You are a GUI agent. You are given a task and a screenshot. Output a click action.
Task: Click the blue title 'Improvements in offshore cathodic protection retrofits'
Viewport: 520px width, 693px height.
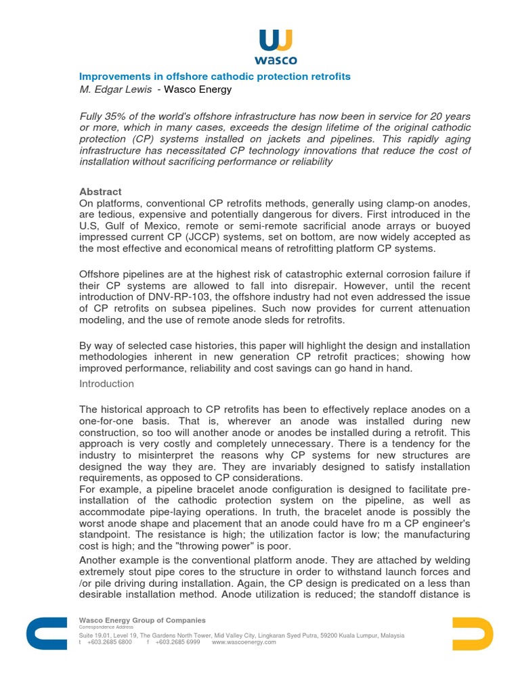point(215,76)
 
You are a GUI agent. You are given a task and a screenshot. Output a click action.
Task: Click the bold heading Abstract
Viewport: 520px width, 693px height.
point(100,192)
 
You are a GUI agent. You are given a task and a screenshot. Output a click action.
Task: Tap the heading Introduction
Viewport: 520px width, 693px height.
point(106,384)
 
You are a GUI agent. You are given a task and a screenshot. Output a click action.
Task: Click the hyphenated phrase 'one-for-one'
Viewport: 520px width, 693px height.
point(108,422)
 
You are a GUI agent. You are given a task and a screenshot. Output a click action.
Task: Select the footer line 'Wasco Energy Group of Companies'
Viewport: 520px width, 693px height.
point(142,620)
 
